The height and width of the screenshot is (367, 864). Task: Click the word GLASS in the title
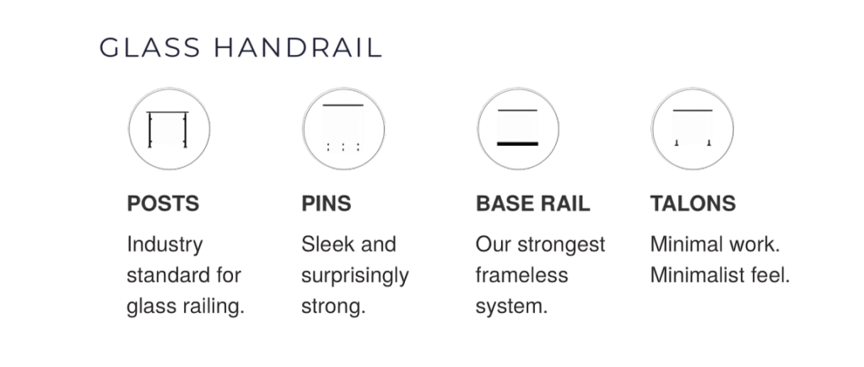click(150, 47)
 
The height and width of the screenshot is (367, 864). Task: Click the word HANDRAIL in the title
click(298, 47)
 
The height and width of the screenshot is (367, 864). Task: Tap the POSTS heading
click(163, 203)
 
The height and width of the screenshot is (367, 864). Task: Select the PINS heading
click(327, 203)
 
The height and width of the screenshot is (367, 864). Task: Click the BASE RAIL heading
click(533, 203)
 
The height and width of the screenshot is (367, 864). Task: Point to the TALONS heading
click(694, 203)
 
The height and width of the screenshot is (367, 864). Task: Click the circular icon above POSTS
click(169, 129)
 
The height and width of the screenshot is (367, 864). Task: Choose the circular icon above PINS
click(343, 129)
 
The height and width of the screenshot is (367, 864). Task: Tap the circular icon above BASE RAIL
click(518, 129)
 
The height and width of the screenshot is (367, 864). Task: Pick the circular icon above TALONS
click(692, 129)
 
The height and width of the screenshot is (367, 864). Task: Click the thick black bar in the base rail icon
click(517, 143)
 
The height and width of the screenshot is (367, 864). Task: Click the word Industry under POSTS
click(165, 245)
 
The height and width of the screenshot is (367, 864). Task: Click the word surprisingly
click(355, 276)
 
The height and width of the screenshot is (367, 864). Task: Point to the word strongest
click(561, 245)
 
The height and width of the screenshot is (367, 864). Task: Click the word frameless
click(521, 275)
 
